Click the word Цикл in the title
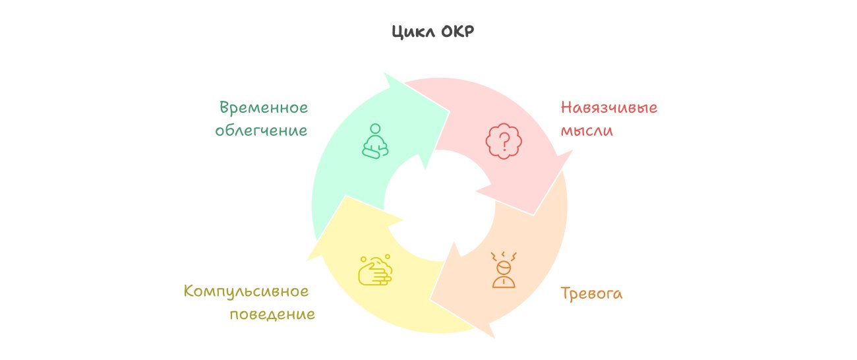(413, 32)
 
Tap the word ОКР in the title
(458, 31)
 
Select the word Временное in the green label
(264, 107)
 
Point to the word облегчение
(261, 131)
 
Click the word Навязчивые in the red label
(609, 107)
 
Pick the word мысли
(587, 131)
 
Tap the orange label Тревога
(591, 293)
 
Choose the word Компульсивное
(246, 291)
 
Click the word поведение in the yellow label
(272, 315)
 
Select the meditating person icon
(375, 141)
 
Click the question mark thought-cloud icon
(504, 141)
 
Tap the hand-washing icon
(375, 270)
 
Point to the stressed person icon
(504, 270)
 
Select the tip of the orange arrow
(494, 338)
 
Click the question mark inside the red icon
(504, 141)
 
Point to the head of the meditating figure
(375, 129)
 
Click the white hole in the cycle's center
(439, 206)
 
